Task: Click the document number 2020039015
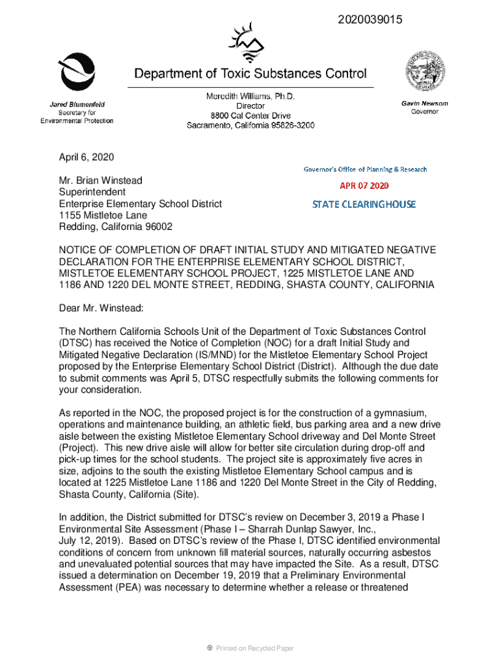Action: (370, 20)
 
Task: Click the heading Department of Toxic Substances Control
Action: (250, 74)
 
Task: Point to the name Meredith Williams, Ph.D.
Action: (251, 96)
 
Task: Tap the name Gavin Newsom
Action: (424, 104)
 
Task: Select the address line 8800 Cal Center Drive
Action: (251, 115)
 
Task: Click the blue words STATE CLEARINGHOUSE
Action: (364, 205)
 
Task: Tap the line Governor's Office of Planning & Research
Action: (365, 169)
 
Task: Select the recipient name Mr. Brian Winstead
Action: (100, 180)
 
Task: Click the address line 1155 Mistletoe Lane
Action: (103, 215)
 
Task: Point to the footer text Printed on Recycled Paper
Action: (254, 648)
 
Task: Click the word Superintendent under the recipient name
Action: (92, 192)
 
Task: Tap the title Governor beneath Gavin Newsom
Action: (424, 112)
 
